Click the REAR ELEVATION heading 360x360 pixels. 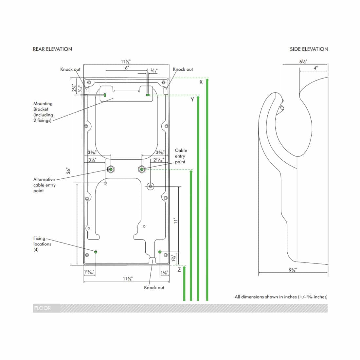pos(52,49)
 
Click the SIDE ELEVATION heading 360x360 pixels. pos(309,49)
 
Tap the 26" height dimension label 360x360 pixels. pos(68,171)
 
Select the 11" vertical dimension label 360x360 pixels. pos(176,220)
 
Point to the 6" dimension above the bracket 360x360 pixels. pos(127,67)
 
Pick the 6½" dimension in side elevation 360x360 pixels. pos(303,62)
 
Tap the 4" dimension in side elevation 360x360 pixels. pos(315,68)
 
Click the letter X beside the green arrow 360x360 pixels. pos(201,82)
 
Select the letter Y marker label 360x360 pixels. pos(192,99)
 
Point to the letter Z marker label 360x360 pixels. pos(179,270)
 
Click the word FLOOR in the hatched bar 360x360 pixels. pos(43,308)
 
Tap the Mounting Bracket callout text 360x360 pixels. pos(43,112)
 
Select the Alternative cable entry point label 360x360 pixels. pos(44,185)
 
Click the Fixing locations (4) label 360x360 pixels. pos(42,244)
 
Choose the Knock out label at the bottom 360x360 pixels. pos(154,287)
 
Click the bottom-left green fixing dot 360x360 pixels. pos(96,252)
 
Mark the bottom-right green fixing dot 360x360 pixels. pos(160,252)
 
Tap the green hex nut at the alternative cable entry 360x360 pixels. pos(111,169)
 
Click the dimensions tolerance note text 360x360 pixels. pos(281,297)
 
